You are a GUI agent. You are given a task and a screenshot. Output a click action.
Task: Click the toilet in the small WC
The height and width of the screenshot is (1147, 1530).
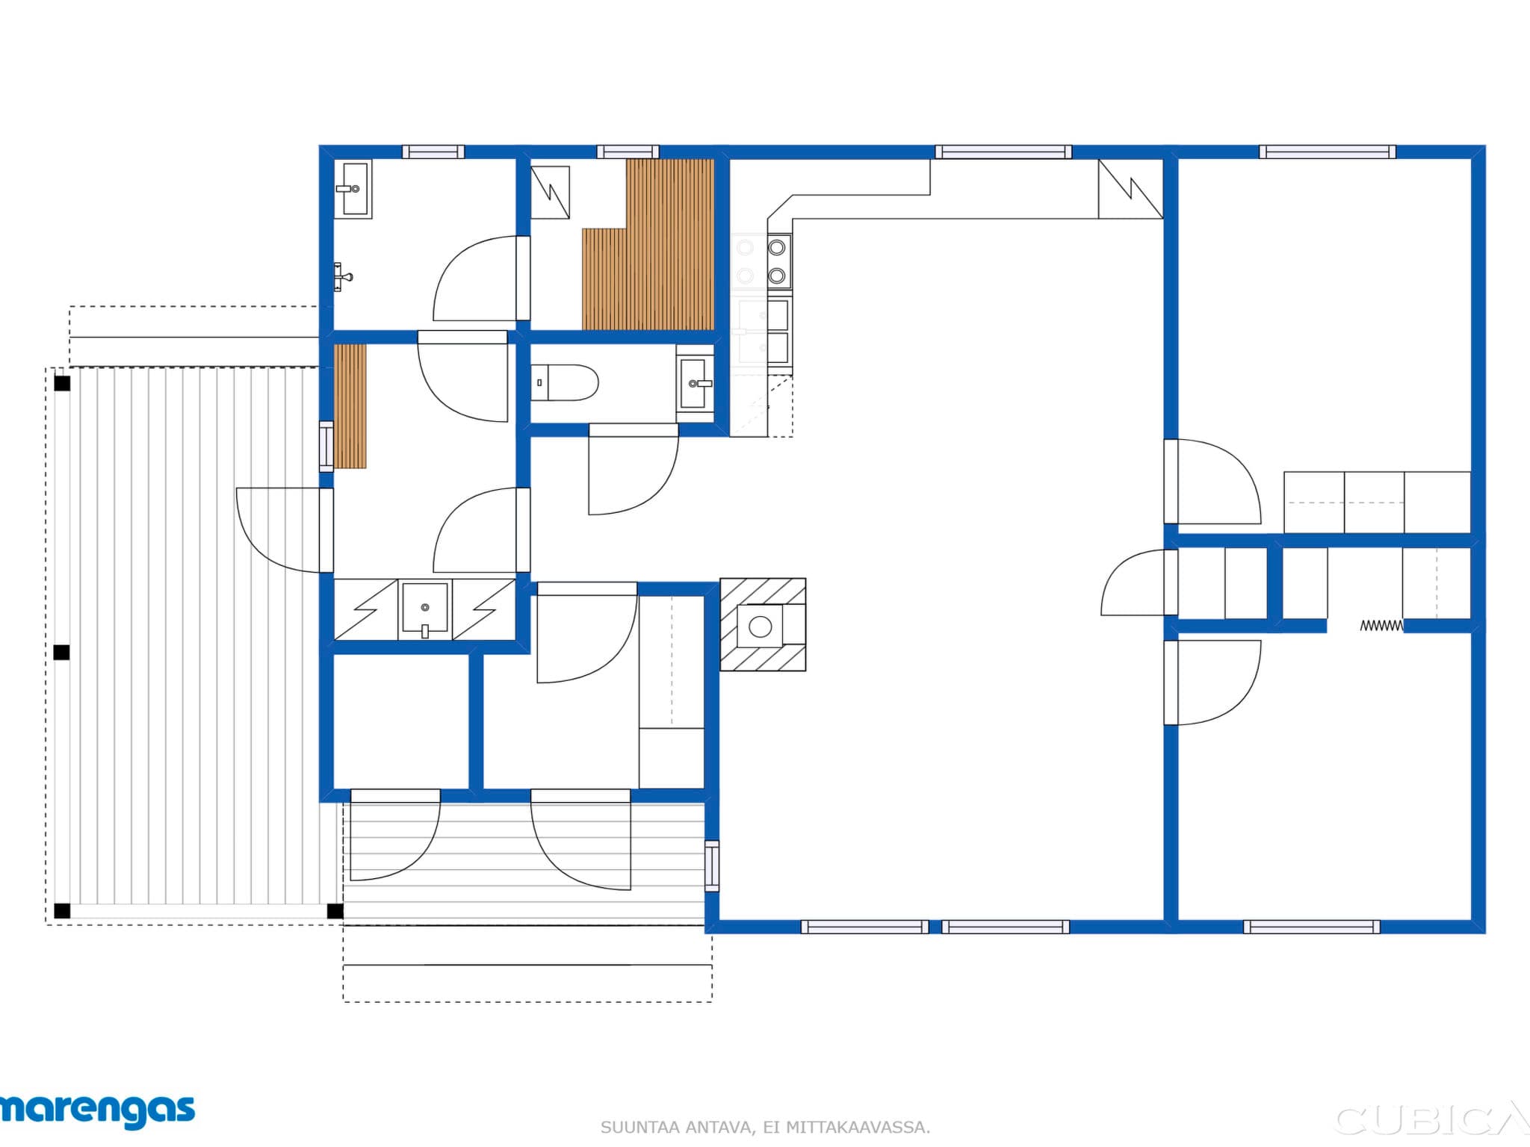[566, 383]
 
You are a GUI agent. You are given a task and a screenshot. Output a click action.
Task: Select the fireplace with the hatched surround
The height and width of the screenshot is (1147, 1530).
[762, 625]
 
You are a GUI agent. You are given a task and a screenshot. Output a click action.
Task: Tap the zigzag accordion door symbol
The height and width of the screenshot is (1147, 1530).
[1381, 626]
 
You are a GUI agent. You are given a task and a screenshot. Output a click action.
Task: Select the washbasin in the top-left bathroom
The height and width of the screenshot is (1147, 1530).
[353, 189]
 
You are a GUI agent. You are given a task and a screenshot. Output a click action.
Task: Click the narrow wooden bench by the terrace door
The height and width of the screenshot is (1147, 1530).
[350, 406]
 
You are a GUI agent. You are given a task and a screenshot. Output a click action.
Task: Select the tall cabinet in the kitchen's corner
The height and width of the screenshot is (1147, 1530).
[1130, 189]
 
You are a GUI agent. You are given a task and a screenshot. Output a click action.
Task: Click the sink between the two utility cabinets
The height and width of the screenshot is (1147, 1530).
[425, 609]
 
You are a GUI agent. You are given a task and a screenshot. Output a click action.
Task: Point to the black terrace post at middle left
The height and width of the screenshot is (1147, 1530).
[62, 652]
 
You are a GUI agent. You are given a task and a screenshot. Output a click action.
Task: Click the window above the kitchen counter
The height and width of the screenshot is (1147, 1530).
[1003, 152]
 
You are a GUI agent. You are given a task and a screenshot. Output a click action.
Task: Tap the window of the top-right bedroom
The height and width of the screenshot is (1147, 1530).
[1327, 152]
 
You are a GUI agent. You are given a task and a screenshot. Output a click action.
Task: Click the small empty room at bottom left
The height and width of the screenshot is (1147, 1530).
[400, 721]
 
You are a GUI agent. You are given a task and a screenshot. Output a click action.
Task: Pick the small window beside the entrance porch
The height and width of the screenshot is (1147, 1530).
[712, 865]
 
